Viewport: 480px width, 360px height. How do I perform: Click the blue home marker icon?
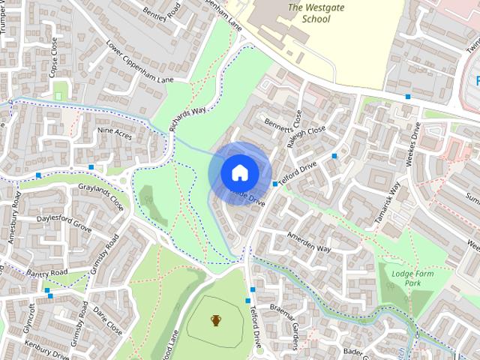click(239, 172)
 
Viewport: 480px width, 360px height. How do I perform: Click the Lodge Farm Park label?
click(412, 278)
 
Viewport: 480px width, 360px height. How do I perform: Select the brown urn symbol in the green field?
click(216, 321)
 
